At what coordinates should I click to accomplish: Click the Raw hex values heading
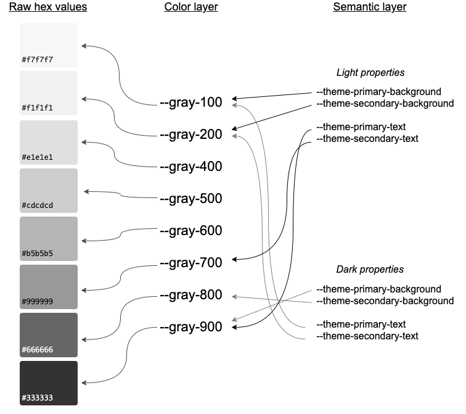(47, 7)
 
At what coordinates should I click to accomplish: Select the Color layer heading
(190, 7)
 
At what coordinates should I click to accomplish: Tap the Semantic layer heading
(369, 7)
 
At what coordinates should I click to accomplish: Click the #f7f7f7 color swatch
(49, 45)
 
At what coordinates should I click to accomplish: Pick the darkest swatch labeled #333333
(49, 383)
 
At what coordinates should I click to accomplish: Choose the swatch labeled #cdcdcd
(49, 190)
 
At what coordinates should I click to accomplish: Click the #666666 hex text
(38, 350)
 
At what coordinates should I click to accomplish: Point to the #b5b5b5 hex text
(38, 254)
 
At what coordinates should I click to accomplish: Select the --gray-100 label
(190, 102)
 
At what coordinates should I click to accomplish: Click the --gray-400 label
(190, 167)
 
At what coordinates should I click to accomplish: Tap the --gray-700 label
(190, 263)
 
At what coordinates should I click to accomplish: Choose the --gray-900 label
(190, 327)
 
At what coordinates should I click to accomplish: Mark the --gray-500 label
(190, 199)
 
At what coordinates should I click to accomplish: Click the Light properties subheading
(370, 73)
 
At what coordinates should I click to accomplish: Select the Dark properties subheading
(370, 270)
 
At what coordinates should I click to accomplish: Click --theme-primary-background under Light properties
(378, 92)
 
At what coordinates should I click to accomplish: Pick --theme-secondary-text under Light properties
(367, 139)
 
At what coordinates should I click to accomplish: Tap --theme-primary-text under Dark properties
(361, 325)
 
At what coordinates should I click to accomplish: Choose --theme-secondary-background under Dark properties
(385, 301)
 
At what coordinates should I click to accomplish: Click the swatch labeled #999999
(49, 286)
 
